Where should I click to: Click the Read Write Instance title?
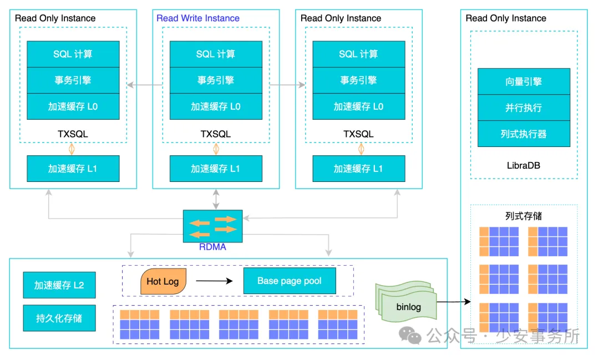pyautogui.click(x=198, y=18)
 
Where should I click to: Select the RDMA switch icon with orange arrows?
pyautogui.click(x=213, y=226)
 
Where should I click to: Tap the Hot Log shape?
pyautogui.click(x=163, y=281)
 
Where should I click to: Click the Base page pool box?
pyautogui.click(x=290, y=281)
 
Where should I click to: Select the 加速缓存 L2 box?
pyautogui.click(x=59, y=285)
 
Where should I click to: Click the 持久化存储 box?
pyautogui.click(x=59, y=318)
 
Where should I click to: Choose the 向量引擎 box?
pyautogui.click(x=524, y=82)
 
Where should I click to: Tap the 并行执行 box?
pyautogui.click(x=524, y=108)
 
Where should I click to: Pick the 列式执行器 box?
pyautogui.click(x=524, y=134)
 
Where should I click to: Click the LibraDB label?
pyautogui.click(x=524, y=165)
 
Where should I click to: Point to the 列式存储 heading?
pyautogui.click(x=524, y=216)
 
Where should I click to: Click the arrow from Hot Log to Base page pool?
pyautogui.click(x=214, y=281)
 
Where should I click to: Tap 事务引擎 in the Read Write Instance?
pyautogui.click(x=216, y=80)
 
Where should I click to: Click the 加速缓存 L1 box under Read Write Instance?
pyautogui.click(x=216, y=169)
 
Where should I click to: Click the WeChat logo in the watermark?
pyautogui.click(x=412, y=336)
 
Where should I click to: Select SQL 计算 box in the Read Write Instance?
pyautogui.click(x=216, y=54)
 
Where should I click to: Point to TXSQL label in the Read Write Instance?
pyautogui.click(x=216, y=134)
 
